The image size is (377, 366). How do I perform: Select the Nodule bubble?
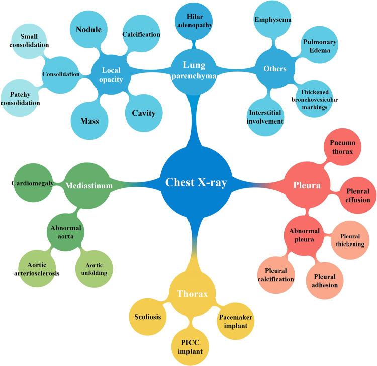click(x=88, y=30)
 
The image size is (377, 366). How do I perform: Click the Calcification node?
click(x=141, y=35)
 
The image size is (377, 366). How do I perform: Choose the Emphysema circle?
click(x=273, y=20)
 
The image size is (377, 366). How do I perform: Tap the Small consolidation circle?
click(x=28, y=41)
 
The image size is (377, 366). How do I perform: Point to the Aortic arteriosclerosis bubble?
click(x=36, y=268)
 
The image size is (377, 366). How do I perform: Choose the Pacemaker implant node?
click(x=235, y=321)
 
